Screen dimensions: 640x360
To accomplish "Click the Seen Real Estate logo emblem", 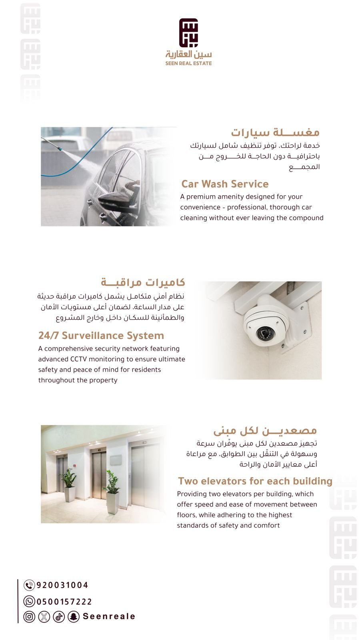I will [188, 32].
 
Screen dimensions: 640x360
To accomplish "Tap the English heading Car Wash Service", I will [225, 184].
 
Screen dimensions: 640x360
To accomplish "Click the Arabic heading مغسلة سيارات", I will [275, 132].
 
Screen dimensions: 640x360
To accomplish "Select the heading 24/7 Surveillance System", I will [101, 336].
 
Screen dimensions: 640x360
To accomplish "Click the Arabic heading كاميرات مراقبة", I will [143, 282].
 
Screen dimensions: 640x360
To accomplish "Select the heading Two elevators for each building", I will [255, 481].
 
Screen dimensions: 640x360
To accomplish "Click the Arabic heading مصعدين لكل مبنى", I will [265, 431].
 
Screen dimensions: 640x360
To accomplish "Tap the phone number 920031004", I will [62, 585].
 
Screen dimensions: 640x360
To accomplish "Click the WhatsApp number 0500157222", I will [64, 602].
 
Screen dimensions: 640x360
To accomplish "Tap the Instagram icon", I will [29, 616].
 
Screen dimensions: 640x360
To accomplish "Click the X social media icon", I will [44, 616].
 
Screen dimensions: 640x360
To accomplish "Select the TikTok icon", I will [59, 616].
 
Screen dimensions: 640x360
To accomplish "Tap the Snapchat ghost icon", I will [74, 616].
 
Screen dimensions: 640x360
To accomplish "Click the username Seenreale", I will [109, 616].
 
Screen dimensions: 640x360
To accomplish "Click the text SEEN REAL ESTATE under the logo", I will [188, 63].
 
